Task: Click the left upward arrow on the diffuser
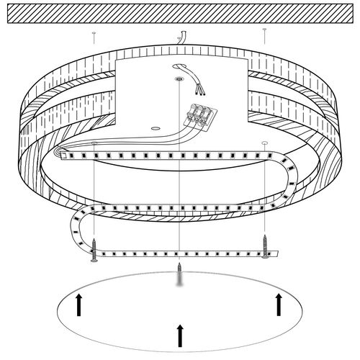coord(78,307)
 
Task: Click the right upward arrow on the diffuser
coord(279,305)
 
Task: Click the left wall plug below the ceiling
coord(94,33)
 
